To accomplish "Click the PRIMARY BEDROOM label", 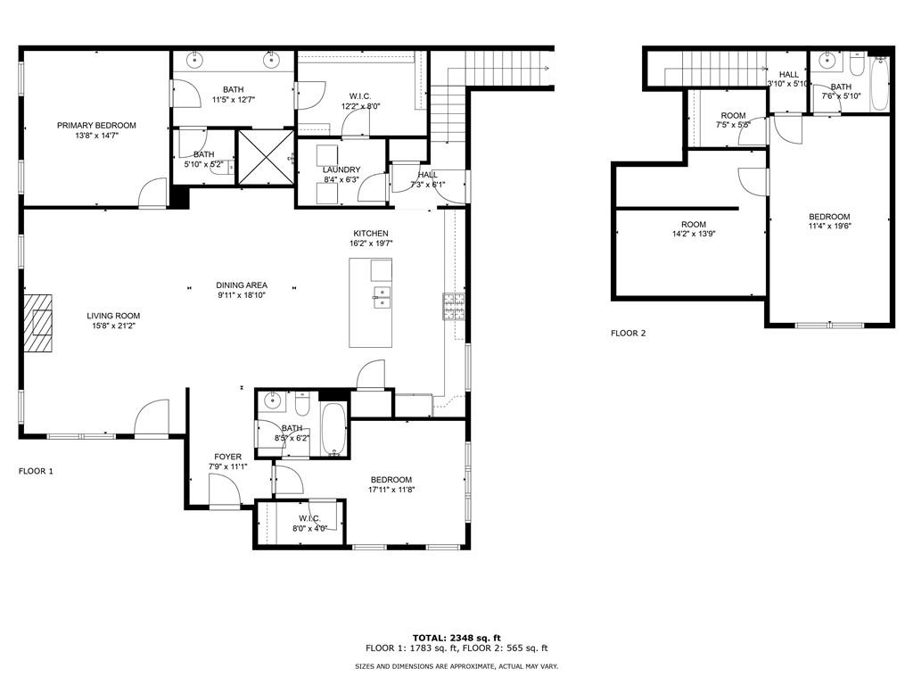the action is [x=96, y=125].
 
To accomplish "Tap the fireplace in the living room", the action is [x=37, y=323].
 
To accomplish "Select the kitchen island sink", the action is [x=382, y=297].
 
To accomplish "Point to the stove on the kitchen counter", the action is [x=454, y=307].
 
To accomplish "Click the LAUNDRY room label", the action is [x=341, y=170].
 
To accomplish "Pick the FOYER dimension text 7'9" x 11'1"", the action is [x=227, y=466].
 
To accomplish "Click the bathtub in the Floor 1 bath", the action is [x=333, y=429].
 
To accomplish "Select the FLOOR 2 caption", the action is [x=629, y=334].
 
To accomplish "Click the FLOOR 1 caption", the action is [x=36, y=471].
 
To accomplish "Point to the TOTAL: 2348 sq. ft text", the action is [x=456, y=638].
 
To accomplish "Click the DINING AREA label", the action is [x=242, y=285].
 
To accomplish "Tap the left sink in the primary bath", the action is [x=193, y=60].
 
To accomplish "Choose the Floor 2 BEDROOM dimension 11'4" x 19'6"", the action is [x=830, y=227].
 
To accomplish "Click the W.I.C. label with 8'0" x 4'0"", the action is [x=309, y=518].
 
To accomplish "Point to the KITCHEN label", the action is [x=371, y=234].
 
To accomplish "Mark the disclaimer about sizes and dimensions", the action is [x=456, y=666].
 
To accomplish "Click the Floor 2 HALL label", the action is [x=789, y=75].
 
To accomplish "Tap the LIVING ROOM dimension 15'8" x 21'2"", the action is [x=113, y=326].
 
